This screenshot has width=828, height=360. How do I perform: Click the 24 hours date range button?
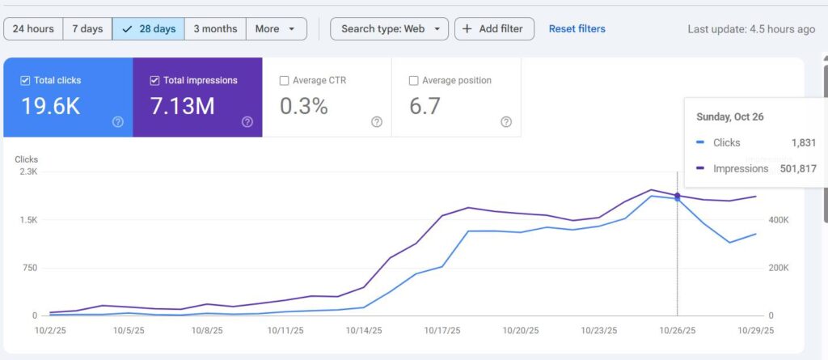coord(33,29)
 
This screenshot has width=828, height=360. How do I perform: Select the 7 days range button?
coord(87,29)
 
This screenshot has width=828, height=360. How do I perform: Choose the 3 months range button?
coord(215,29)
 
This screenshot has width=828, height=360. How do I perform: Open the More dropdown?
coord(276,29)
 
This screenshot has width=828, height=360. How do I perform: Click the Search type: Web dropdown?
coord(389,29)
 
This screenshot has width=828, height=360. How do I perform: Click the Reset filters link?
coord(577,29)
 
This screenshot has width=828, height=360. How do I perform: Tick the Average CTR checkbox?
coord(284,81)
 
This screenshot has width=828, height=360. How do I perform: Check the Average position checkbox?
coord(414,81)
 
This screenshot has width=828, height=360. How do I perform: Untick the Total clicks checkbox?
coord(25,81)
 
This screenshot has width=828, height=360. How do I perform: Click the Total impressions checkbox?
coord(155,81)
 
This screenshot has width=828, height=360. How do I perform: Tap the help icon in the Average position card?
coord(506,122)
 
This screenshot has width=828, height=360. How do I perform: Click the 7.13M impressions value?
coord(183,106)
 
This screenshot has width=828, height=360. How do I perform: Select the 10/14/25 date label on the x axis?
coord(365,330)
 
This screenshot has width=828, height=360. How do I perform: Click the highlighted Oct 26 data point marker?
coord(677,196)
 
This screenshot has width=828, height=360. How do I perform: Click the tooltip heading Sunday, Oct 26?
coord(730,116)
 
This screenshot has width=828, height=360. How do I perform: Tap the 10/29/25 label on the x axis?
coord(755,330)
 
